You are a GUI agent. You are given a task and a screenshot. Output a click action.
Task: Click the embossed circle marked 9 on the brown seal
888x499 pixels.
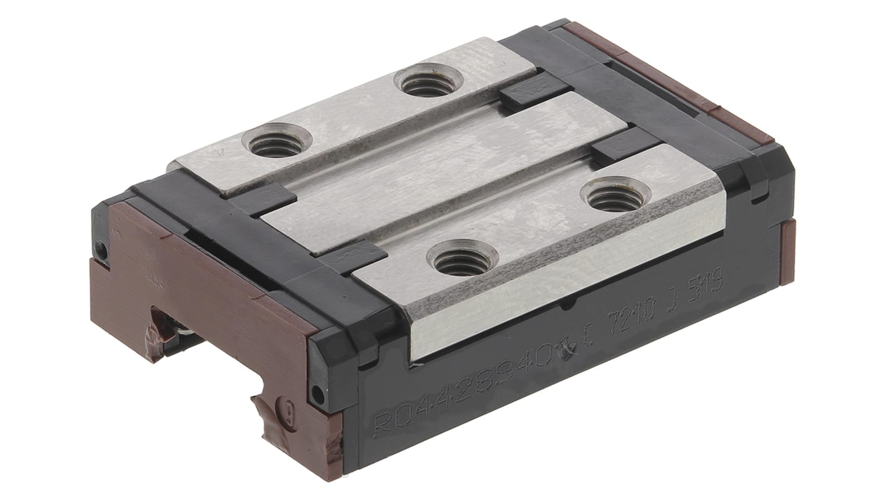coord(289,414)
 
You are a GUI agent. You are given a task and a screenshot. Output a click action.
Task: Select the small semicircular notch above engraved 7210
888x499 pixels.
coord(568,306)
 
